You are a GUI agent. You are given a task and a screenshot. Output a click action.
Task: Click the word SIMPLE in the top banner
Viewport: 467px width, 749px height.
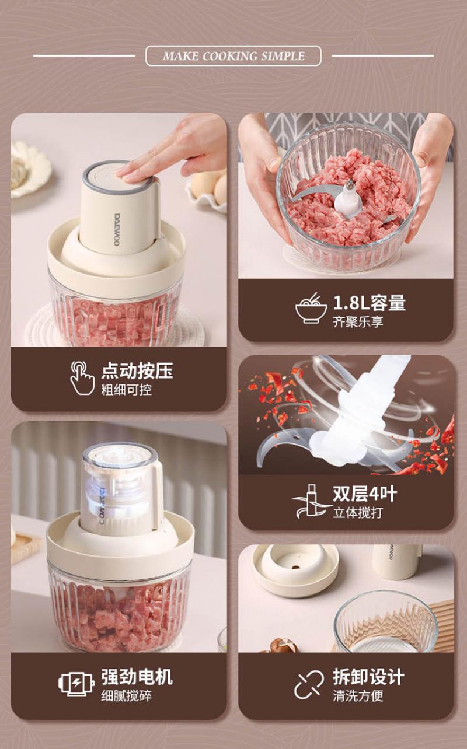pyautogui.click(x=283, y=56)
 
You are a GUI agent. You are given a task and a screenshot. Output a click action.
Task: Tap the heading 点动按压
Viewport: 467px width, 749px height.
pyautogui.click(x=137, y=370)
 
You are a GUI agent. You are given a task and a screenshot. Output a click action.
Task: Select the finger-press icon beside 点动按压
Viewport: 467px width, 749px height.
pyautogui.click(x=82, y=377)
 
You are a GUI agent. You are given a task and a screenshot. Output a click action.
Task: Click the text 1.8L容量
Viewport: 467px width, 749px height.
pyautogui.click(x=370, y=302)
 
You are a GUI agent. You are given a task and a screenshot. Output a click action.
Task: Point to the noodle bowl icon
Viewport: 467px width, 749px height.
pyautogui.click(x=311, y=308)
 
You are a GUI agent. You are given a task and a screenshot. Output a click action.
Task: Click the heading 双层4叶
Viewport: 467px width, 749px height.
pyautogui.click(x=365, y=494)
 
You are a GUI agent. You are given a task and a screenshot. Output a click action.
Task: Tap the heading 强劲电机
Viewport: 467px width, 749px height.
pyautogui.click(x=137, y=677)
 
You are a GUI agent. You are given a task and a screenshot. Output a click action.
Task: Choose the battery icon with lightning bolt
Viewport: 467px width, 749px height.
pyautogui.click(x=76, y=684)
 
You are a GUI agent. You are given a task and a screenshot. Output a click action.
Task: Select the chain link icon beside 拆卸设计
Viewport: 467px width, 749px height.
pyautogui.click(x=309, y=684)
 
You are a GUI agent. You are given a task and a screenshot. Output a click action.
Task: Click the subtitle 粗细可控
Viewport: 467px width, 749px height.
pyautogui.click(x=127, y=390)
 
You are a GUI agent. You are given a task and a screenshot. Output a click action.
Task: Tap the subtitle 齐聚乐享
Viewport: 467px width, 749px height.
pyautogui.click(x=358, y=321)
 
